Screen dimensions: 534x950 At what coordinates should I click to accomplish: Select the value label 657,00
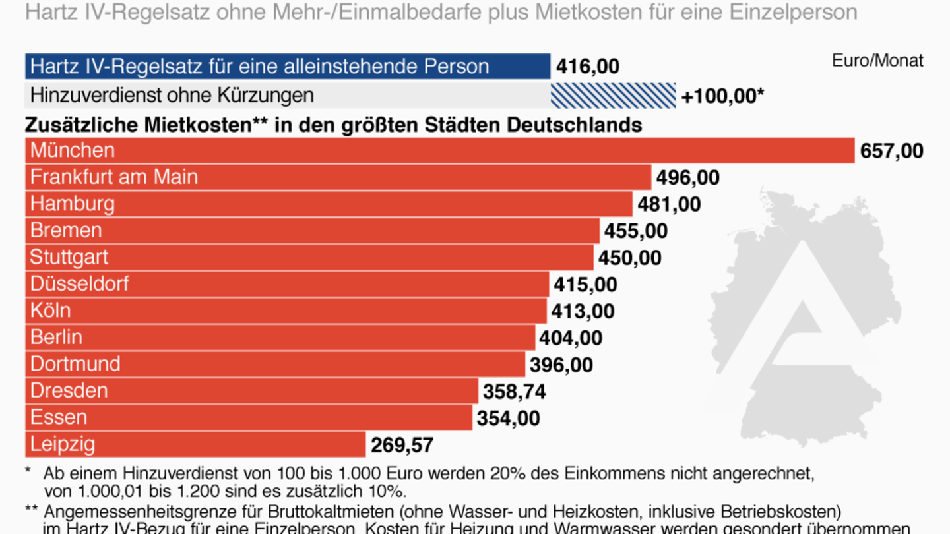coord(891,151)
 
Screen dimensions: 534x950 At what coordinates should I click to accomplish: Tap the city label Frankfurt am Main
coord(113,177)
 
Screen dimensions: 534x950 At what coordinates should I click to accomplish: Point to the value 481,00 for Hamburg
coord(668,204)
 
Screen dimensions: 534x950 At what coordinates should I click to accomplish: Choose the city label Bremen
coord(66,230)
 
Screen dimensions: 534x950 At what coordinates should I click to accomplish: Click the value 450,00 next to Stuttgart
coord(629,258)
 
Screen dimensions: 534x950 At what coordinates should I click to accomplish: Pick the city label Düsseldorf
coord(79,283)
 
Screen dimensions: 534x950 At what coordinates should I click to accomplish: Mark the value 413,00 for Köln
coord(583,311)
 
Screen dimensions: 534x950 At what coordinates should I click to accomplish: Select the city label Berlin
coord(56,337)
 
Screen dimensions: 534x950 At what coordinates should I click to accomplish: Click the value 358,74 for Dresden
coord(514,392)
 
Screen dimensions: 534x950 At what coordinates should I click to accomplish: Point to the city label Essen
coord(58,417)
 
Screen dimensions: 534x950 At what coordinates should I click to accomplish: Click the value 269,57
coord(402,445)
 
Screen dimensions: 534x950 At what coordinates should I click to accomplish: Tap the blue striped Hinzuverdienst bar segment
coord(613,96)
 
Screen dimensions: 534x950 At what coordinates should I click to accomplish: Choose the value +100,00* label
coord(722,96)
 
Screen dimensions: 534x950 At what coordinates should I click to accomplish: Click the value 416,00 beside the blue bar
coord(587,67)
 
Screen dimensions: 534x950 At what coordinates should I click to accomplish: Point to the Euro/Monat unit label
coord(877,61)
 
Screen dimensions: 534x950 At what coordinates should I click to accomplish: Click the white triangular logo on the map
coord(798,310)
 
